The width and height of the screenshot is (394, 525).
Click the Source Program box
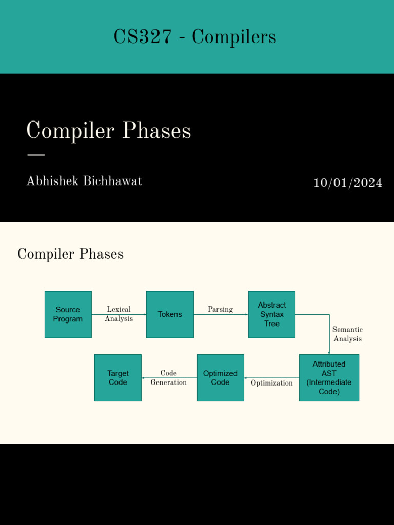pyautogui.click(x=68, y=314)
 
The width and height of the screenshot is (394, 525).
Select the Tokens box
pyautogui.click(x=170, y=314)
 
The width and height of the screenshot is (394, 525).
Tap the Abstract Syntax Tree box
pyautogui.click(x=272, y=314)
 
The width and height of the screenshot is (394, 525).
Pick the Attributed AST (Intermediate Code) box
pyautogui.click(x=329, y=378)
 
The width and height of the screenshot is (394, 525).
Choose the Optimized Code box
pyautogui.click(x=220, y=378)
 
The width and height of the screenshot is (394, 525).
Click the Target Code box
pyautogui.click(x=118, y=378)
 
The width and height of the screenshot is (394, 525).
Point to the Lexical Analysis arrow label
pyautogui.click(x=119, y=314)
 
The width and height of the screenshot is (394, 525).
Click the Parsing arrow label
pyautogui.click(x=220, y=309)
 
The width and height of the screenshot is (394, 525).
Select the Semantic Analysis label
pyautogui.click(x=347, y=334)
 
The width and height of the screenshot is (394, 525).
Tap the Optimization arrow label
pyautogui.click(x=272, y=383)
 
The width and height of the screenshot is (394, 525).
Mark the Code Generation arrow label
pyautogui.click(x=168, y=378)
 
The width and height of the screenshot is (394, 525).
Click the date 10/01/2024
pyautogui.click(x=348, y=183)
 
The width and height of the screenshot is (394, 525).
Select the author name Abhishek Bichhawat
pyautogui.click(x=84, y=181)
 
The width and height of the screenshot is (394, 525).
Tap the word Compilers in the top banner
pyautogui.click(x=234, y=37)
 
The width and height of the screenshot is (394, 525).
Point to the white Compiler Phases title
pyautogui.click(x=109, y=131)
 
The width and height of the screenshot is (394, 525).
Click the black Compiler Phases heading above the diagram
pyautogui.click(x=70, y=254)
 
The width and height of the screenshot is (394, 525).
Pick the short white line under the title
pyautogui.click(x=35, y=154)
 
